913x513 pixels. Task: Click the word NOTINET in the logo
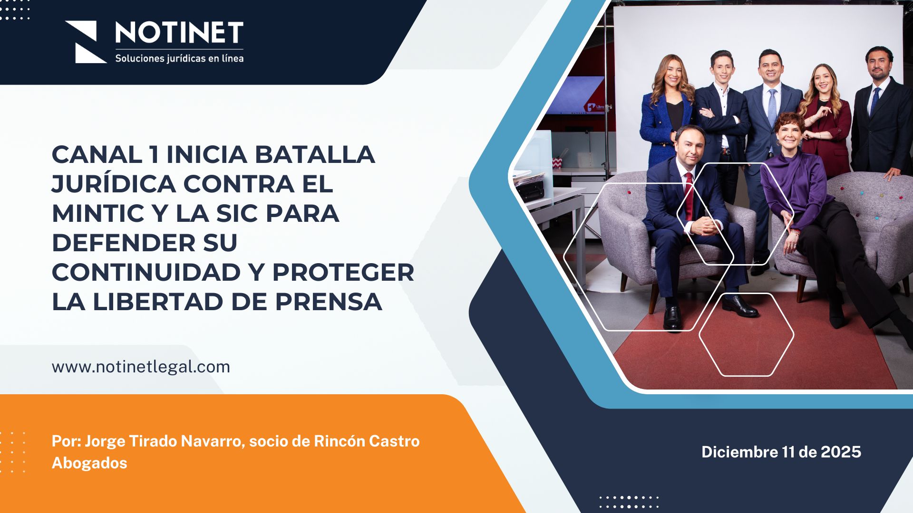pyautogui.click(x=179, y=33)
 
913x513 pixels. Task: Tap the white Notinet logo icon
pyautogui.click(x=86, y=42)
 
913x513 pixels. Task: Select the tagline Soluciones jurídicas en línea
pyautogui.click(x=179, y=58)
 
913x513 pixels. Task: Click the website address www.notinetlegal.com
pyautogui.click(x=141, y=367)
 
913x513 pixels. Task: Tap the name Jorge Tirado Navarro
pyautogui.click(x=163, y=441)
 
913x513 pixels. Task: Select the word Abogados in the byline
pyautogui.click(x=89, y=463)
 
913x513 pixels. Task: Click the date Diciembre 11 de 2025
pyautogui.click(x=781, y=452)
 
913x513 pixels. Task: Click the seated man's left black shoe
pyautogui.click(x=672, y=317)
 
